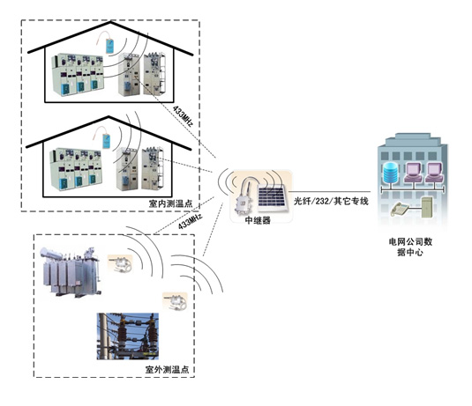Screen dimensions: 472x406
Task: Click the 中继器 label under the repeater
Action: point(258,220)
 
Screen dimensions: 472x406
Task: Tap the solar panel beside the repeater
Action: point(272,198)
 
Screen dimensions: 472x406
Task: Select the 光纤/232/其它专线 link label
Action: point(331,201)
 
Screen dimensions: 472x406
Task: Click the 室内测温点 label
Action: point(170,203)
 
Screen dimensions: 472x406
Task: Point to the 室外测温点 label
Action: point(167,369)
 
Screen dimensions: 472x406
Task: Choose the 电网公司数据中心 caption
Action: point(410,247)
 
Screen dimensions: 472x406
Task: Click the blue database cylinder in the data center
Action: point(391,173)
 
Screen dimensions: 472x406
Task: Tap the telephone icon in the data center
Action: point(400,209)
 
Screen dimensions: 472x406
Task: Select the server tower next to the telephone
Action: point(427,207)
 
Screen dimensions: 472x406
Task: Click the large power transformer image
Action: point(70,271)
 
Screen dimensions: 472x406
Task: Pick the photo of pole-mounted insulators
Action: point(128,336)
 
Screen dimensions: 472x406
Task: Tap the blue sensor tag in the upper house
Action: point(109,46)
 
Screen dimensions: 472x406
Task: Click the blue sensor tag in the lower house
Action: point(106,141)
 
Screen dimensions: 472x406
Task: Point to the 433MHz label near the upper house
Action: point(183,116)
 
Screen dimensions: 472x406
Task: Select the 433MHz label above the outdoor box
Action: point(190,221)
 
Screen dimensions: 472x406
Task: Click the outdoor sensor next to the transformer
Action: point(120,264)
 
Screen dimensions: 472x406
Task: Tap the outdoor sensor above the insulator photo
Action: point(175,301)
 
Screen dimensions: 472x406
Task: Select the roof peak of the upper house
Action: point(110,22)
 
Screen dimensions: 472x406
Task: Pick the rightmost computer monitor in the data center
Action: point(434,173)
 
